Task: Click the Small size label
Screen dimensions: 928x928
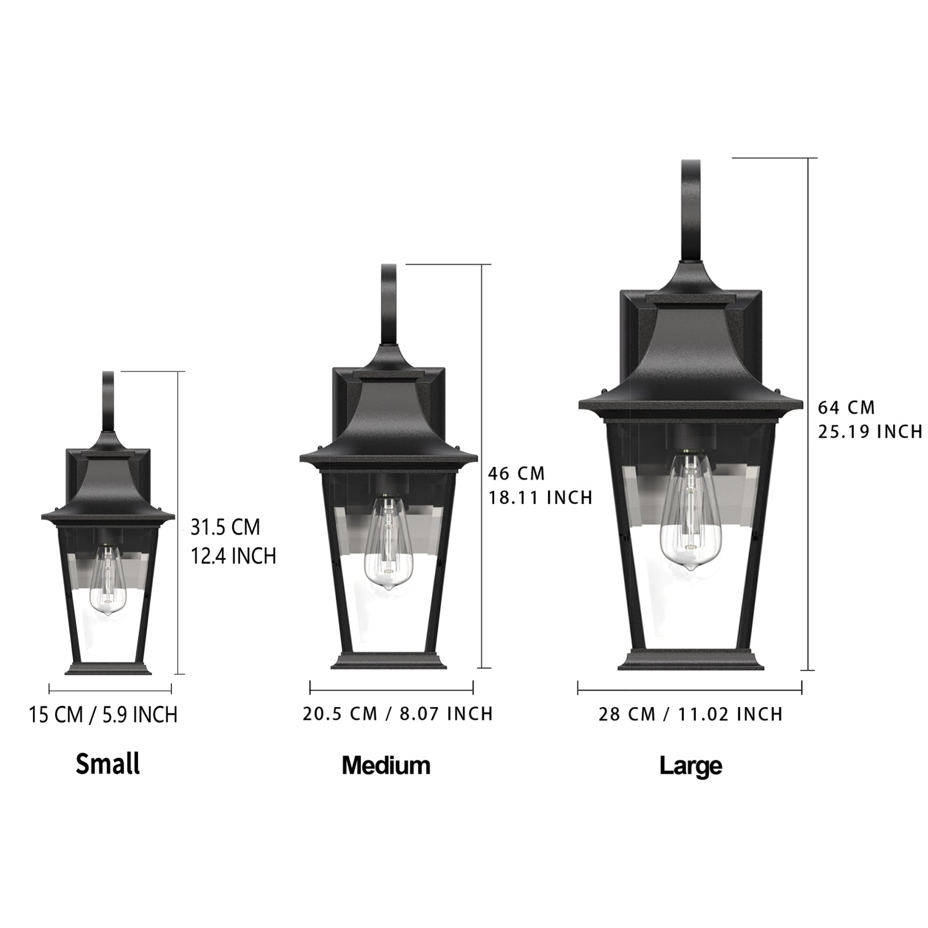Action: tap(108, 764)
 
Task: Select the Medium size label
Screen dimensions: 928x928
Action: tap(386, 765)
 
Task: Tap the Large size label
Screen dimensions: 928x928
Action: tap(690, 765)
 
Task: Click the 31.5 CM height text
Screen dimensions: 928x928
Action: tap(225, 527)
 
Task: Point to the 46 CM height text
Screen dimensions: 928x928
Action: tap(516, 473)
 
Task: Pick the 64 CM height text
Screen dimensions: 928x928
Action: tap(846, 408)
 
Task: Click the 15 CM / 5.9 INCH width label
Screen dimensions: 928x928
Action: tap(103, 714)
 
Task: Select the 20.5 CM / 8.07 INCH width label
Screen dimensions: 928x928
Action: tap(398, 714)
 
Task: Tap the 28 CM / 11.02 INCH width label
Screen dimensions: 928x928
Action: tap(690, 714)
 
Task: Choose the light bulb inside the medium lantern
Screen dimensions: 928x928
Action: tap(387, 543)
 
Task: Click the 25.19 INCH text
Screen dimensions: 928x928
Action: tap(870, 432)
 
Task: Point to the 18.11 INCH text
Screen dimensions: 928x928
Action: tap(540, 497)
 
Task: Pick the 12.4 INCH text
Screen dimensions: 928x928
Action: tap(233, 556)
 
